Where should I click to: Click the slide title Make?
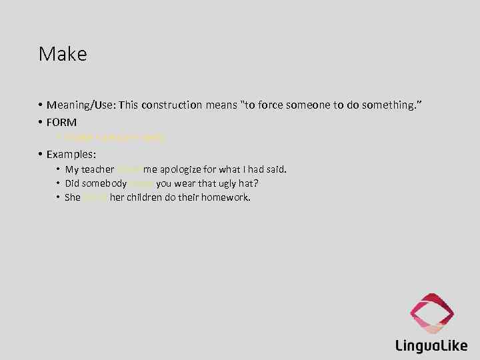click(x=63, y=54)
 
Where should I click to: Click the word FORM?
click(x=62, y=122)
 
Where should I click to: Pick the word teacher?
click(x=98, y=169)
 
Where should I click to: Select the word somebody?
click(x=105, y=183)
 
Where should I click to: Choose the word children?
click(x=144, y=197)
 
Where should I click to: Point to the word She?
click(x=73, y=197)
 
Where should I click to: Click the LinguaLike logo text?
click(x=431, y=345)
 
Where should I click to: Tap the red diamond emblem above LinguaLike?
click(x=432, y=312)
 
